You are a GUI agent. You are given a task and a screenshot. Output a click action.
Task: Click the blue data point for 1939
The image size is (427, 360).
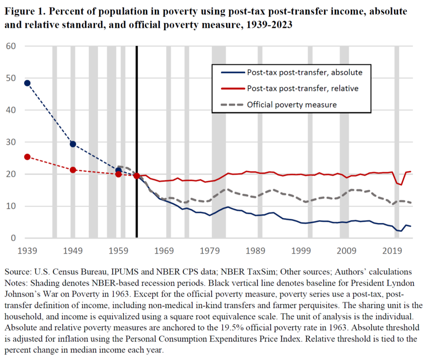click(27, 83)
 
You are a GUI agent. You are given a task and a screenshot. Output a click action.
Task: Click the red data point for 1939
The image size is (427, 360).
click(27, 157)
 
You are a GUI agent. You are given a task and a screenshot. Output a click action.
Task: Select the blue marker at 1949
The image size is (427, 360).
click(73, 144)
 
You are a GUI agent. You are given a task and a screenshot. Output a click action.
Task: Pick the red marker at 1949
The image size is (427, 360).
click(73, 170)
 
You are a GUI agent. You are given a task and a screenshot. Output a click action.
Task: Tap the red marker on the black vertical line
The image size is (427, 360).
click(137, 176)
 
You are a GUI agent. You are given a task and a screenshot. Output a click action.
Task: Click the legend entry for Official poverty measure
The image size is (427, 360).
click(291, 105)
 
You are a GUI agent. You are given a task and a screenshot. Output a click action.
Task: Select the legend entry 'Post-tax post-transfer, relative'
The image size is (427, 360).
click(303, 88)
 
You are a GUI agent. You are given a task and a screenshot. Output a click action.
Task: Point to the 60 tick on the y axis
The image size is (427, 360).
click(11, 46)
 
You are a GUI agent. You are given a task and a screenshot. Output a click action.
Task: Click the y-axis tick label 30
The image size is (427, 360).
click(11, 142)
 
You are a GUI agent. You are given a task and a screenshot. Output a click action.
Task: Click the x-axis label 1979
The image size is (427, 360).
click(210, 251)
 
